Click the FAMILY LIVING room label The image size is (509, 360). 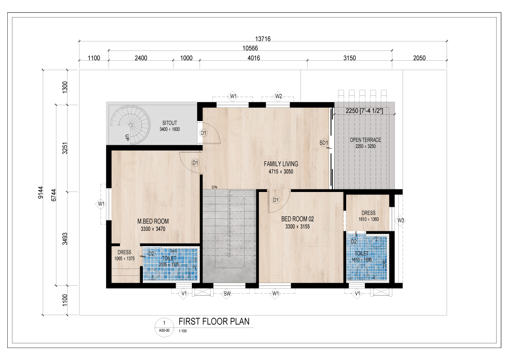(281, 164)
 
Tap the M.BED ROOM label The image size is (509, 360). (153, 221)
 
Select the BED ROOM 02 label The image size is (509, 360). (297, 219)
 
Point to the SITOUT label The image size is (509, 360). (169, 123)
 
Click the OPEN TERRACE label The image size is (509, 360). (365, 140)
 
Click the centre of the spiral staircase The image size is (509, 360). (130, 125)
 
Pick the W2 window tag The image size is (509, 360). (278, 96)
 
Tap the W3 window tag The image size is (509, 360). (401, 221)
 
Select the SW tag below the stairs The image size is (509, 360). (227, 294)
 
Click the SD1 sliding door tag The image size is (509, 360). (324, 143)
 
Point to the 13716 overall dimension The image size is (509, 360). (262, 39)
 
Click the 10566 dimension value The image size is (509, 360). (250, 48)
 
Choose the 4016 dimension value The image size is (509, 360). (253, 58)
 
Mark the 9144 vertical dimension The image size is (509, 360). (40, 192)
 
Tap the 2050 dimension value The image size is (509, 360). (419, 58)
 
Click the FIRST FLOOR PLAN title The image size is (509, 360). (214, 322)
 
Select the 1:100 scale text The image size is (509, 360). (183, 331)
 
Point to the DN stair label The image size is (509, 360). (214, 187)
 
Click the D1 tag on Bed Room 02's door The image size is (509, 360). (276, 200)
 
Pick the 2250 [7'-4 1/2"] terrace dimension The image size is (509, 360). (364, 111)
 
